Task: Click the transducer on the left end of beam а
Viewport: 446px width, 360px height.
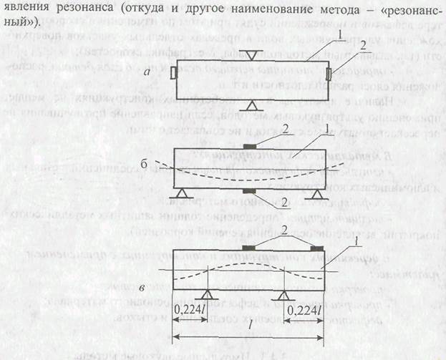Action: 173,74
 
